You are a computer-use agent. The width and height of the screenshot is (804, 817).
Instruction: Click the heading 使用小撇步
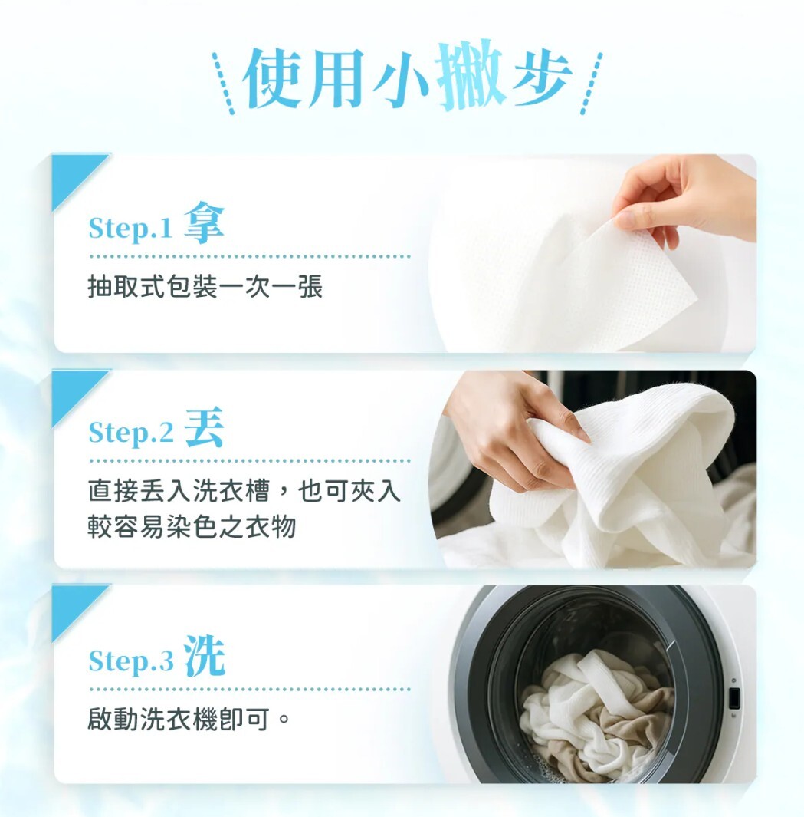point(406,77)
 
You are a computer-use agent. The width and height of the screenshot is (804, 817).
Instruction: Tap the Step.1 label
point(130,228)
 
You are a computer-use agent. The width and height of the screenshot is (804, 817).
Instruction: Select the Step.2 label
point(131,432)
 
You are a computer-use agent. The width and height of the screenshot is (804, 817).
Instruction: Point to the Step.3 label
point(131,661)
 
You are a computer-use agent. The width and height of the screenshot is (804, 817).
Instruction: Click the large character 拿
point(204,222)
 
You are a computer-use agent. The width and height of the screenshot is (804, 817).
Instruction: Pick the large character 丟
point(204,427)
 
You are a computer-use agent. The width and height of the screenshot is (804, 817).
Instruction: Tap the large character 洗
point(204,656)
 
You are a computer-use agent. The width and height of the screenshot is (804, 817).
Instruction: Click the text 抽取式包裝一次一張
point(205,287)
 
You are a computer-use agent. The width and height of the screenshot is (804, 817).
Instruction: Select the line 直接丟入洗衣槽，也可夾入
point(244,491)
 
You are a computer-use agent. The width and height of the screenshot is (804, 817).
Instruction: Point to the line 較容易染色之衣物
point(192,527)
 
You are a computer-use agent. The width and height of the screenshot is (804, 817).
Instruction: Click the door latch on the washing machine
point(734,698)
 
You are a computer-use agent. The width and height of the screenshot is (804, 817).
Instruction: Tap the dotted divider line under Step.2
point(249,461)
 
